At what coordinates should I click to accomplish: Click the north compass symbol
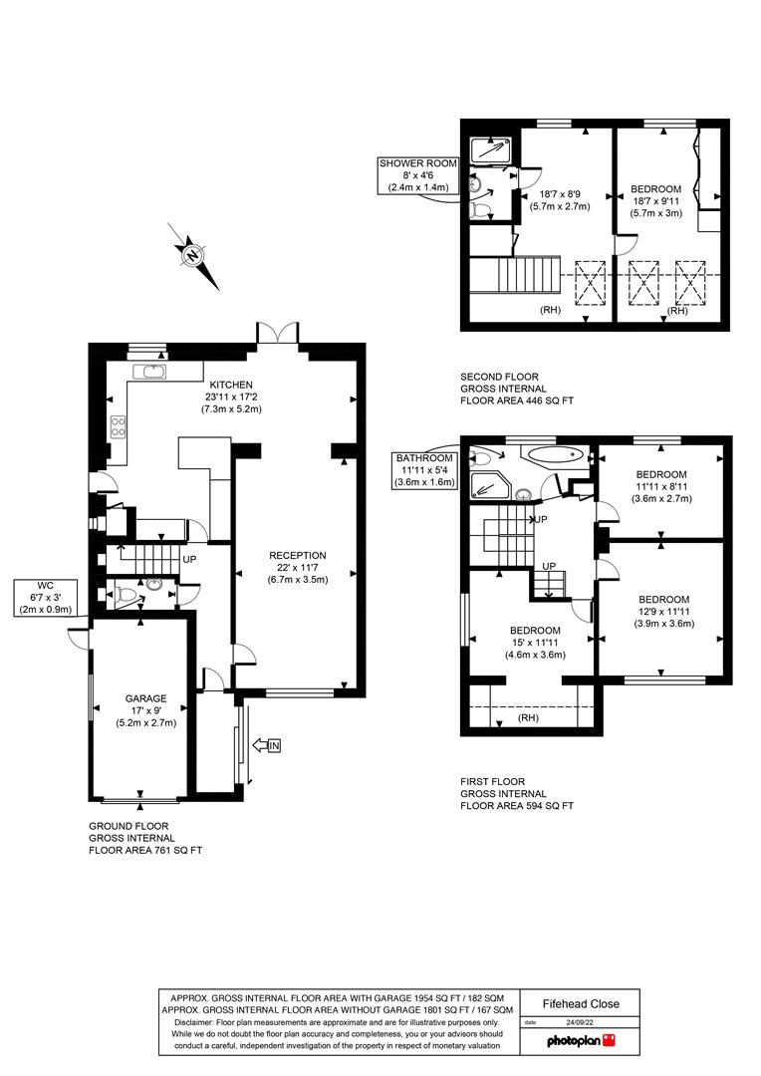tap(191, 255)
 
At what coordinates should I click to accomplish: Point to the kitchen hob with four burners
tap(118, 425)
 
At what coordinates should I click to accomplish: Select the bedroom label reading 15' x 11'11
tap(536, 643)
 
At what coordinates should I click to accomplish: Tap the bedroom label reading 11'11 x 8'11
tap(661, 486)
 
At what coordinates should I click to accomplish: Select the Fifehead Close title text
tap(581, 1004)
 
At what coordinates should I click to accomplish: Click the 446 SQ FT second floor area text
tap(517, 401)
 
